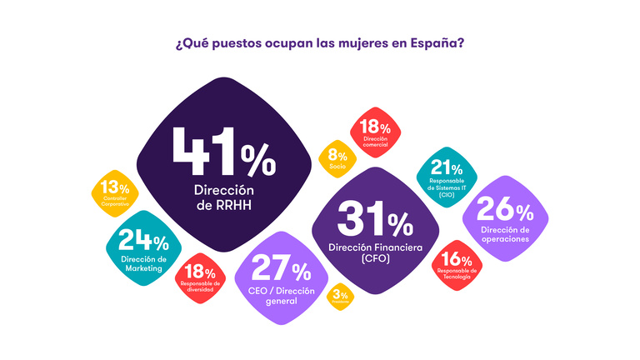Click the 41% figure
[x=222, y=152]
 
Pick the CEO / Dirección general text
[x=280, y=296]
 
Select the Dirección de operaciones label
[x=505, y=234]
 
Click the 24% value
[x=143, y=242]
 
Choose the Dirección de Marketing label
[x=144, y=263]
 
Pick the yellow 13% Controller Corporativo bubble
[x=114, y=192]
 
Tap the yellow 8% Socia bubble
[x=337, y=157]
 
